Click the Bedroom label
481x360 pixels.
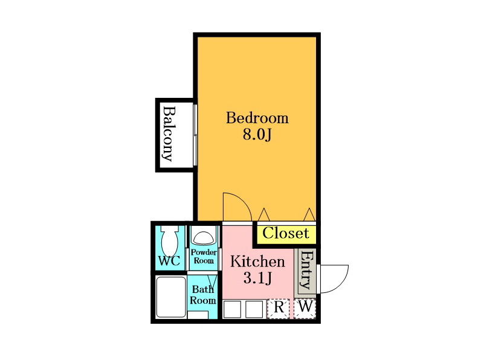point(257,118)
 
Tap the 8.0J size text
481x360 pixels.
point(257,134)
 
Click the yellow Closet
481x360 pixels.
point(286,234)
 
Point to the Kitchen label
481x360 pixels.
point(257,262)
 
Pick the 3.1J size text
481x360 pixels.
point(257,278)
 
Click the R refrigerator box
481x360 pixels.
point(278,309)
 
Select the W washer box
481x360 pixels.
point(305,309)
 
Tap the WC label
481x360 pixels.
point(169,261)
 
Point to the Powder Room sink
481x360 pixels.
point(203,237)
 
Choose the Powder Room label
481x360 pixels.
point(204,256)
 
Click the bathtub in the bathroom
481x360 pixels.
point(171,297)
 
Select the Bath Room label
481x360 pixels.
point(203,295)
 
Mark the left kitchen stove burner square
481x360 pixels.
point(232,309)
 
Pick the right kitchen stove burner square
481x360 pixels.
point(254,309)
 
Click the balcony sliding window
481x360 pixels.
point(195,135)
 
